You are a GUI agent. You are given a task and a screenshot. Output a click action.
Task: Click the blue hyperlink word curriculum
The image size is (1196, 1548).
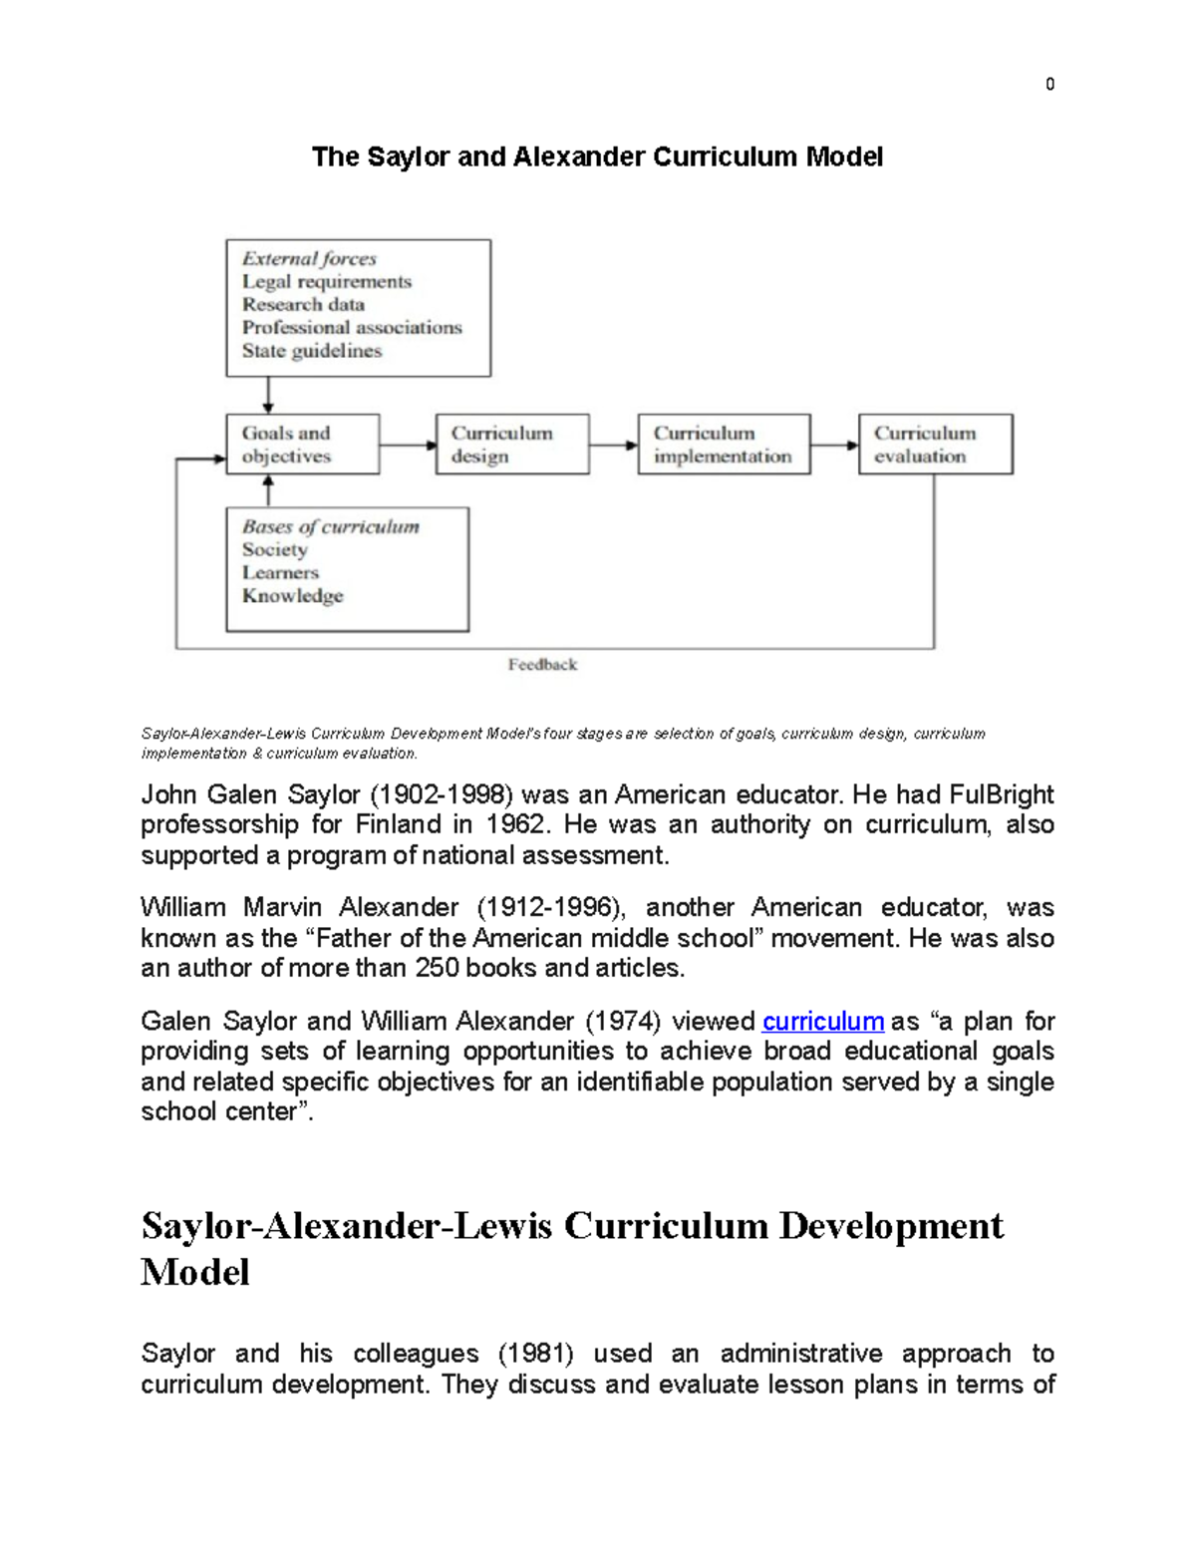tap(823, 1022)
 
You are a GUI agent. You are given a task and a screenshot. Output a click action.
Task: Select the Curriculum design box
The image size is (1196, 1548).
tap(512, 445)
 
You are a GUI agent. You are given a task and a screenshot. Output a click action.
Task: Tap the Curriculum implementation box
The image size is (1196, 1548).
tap(724, 445)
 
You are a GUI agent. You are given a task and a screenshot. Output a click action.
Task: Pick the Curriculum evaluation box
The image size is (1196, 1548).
tap(935, 445)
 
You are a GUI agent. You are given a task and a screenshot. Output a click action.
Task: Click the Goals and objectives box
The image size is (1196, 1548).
tap(302, 445)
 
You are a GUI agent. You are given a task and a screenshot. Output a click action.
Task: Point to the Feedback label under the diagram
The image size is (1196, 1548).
tap(542, 665)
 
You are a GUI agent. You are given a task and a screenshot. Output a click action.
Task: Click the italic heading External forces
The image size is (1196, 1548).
tap(309, 259)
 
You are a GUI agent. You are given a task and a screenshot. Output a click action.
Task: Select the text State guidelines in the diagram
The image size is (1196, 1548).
tap(311, 351)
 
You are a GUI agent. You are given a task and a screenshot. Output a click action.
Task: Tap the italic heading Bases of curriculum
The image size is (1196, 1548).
tap(330, 527)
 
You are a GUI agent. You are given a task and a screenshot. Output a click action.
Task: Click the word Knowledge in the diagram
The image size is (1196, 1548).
tap(292, 596)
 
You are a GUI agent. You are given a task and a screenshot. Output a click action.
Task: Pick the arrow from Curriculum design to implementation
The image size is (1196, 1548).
tap(613, 445)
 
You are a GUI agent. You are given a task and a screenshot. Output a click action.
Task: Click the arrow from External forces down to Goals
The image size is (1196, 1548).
tap(268, 395)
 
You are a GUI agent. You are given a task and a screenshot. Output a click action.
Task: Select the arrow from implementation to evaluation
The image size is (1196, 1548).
tap(834, 445)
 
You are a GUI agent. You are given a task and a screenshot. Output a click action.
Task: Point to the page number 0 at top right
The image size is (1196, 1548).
tap(1049, 85)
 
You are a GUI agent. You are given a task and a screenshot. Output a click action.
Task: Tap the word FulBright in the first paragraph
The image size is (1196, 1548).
tap(1001, 795)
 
